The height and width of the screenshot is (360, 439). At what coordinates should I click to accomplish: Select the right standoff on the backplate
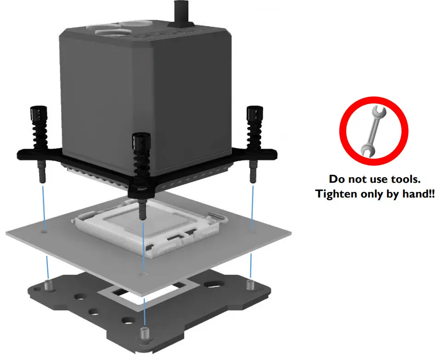coord(250,284)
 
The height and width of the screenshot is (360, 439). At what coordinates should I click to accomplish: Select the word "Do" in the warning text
coord(336,179)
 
